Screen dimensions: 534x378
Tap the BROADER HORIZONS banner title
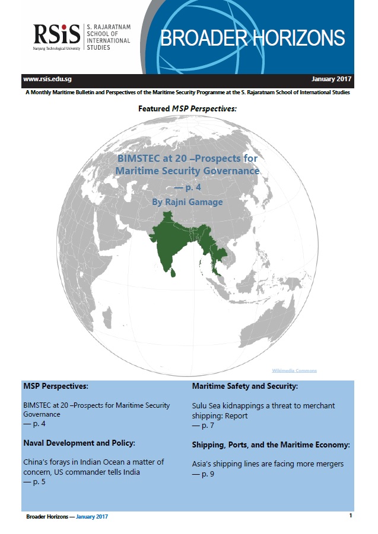(252, 37)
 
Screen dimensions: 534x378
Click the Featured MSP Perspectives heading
(187, 109)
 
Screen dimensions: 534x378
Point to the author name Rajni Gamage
(188, 202)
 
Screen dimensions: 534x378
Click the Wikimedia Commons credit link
(294, 370)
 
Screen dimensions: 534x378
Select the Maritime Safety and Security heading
(244, 386)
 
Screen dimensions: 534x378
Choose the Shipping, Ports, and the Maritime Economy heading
(271, 445)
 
